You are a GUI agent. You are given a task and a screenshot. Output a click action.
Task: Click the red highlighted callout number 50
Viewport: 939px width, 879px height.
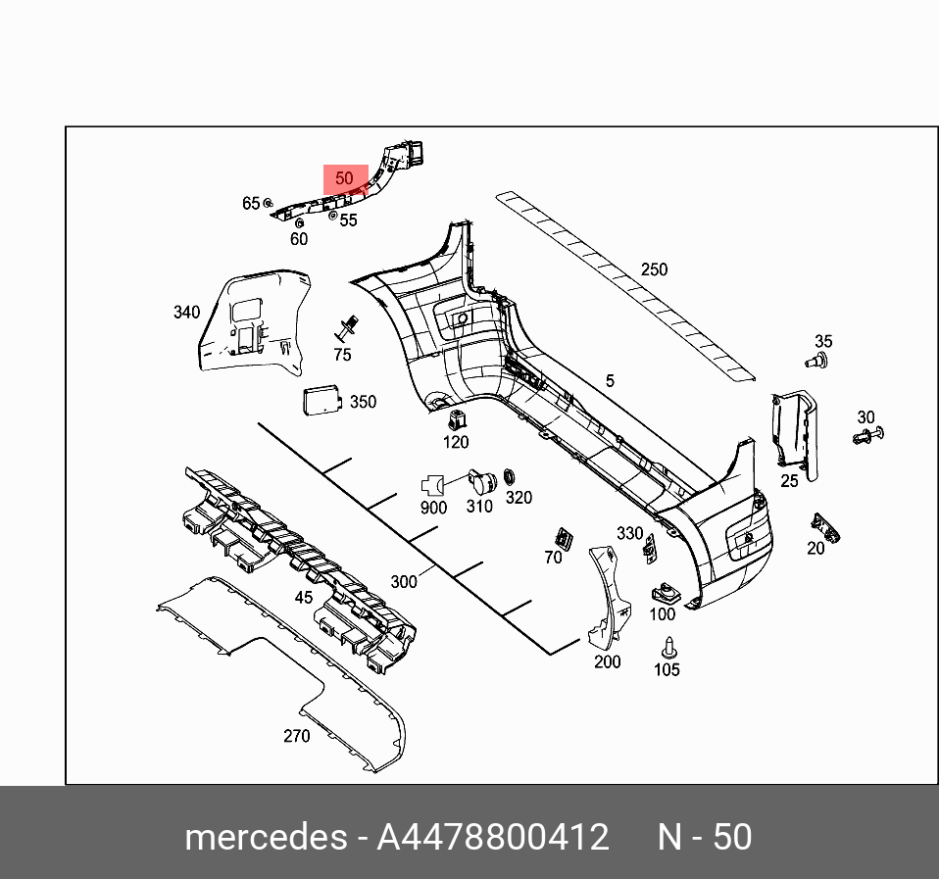344,179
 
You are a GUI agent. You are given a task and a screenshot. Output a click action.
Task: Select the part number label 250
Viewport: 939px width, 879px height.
654,269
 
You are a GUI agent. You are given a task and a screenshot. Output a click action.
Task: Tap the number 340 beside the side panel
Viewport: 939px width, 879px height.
186,313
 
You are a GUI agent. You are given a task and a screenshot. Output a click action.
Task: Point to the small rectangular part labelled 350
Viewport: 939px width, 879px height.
318,400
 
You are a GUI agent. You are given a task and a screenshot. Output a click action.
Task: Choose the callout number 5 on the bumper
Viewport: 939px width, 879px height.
610,380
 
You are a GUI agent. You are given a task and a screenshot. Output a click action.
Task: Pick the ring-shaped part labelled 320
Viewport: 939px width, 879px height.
510,477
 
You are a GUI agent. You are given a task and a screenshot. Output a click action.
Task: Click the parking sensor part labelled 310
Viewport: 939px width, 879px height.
479,481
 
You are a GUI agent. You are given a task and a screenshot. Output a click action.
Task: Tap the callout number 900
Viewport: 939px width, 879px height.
433,508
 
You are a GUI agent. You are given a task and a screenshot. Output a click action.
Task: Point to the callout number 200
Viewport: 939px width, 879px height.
608,661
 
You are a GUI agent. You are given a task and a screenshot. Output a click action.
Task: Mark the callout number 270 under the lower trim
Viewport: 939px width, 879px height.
296,736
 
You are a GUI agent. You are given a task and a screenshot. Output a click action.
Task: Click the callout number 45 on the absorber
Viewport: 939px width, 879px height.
304,597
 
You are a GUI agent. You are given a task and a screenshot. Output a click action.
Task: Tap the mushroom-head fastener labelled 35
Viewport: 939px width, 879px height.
816,362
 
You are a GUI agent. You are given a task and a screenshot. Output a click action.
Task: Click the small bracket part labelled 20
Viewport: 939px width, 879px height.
824,528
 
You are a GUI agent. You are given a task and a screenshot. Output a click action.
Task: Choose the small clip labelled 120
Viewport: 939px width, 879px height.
456,421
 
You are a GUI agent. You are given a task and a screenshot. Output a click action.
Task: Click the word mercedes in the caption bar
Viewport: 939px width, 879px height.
266,838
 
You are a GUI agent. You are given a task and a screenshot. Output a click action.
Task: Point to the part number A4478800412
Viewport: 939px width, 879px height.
493,838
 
